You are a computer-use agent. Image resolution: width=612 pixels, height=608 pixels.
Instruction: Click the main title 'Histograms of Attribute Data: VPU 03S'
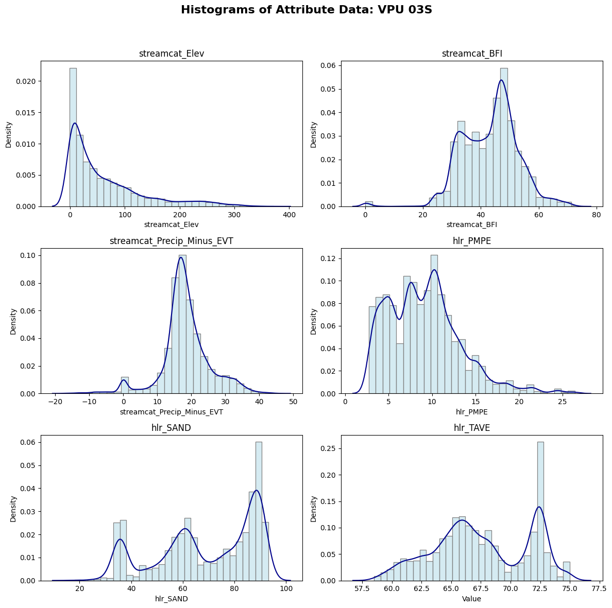[306, 10]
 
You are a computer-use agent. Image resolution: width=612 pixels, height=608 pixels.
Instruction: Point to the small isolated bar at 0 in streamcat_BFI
[369, 204]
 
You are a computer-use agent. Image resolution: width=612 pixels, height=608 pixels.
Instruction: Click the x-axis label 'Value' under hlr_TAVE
[471, 599]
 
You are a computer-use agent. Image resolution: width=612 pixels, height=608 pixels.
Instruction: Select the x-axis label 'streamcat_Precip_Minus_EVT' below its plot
[172, 412]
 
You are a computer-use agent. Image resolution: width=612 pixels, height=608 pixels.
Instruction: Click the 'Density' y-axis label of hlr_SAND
[13, 509]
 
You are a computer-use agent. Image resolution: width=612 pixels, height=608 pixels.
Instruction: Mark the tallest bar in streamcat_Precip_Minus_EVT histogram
[182, 324]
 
